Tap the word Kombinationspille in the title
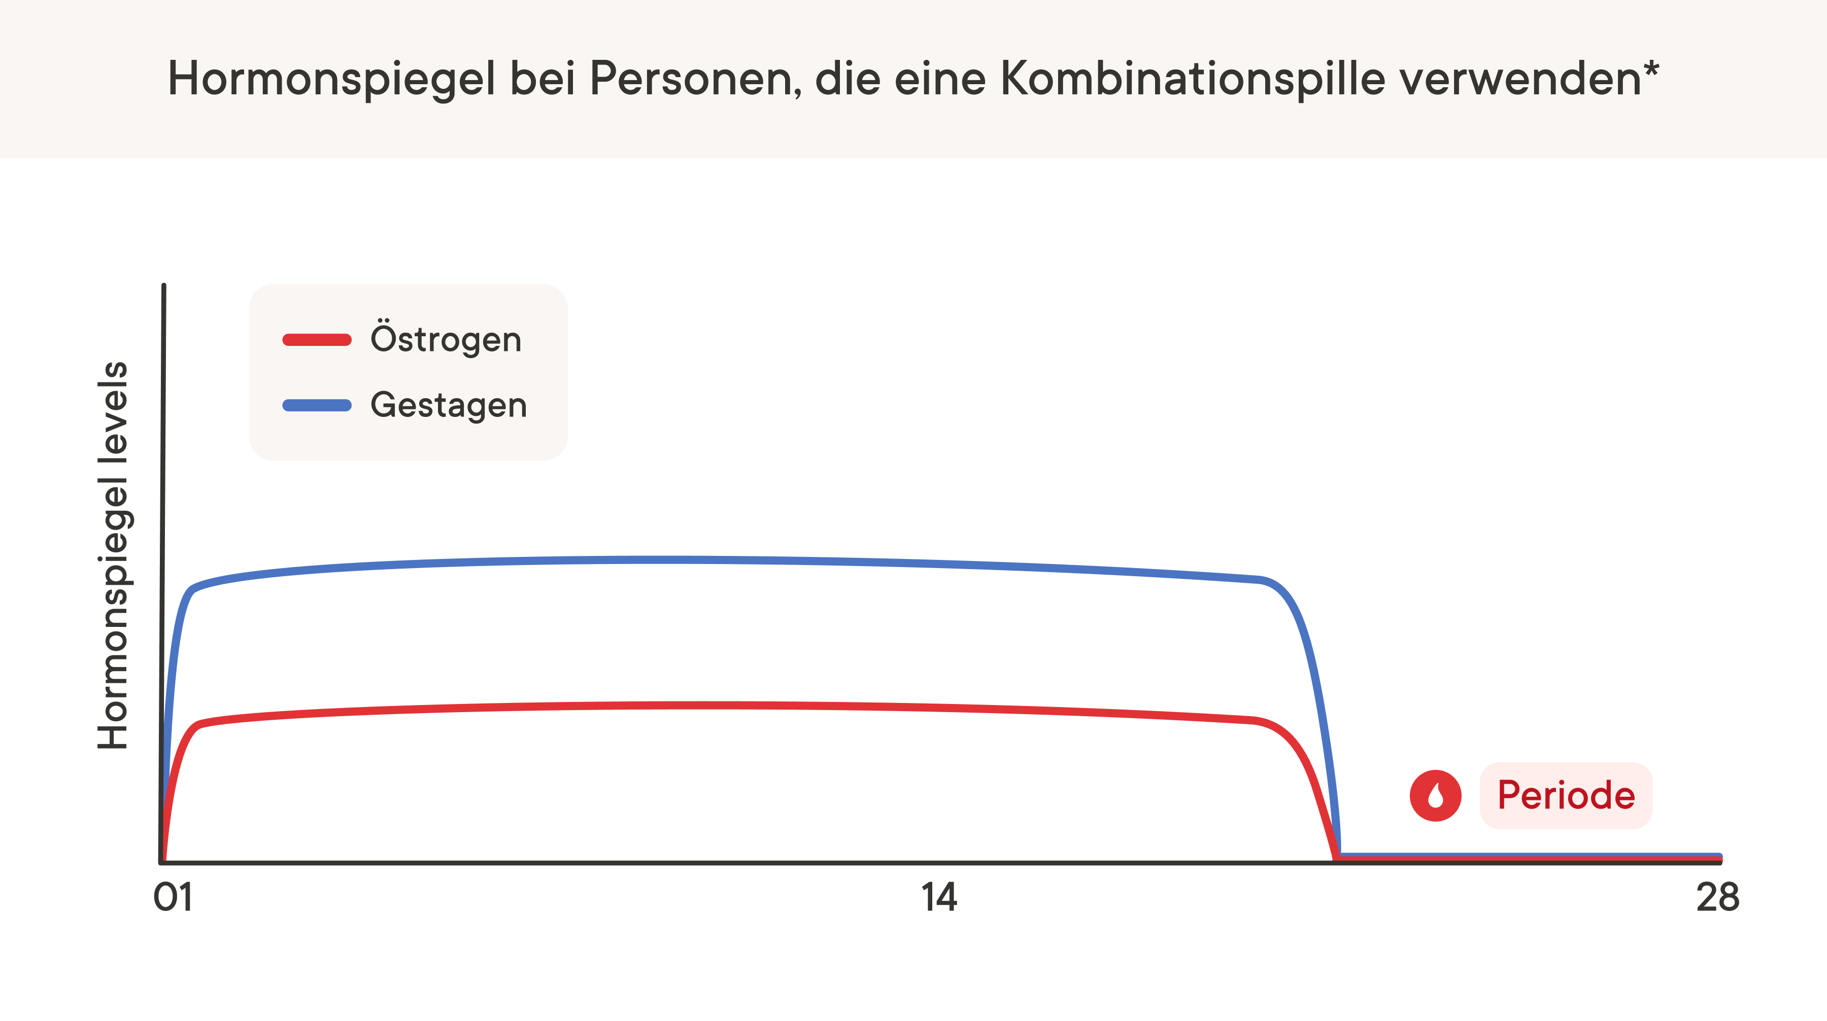pos(1192,78)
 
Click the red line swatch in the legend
pos(317,340)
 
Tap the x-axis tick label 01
pos(173,898)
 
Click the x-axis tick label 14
pos(939,898)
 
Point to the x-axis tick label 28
pos(1717,898)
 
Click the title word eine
pos(940,78)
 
